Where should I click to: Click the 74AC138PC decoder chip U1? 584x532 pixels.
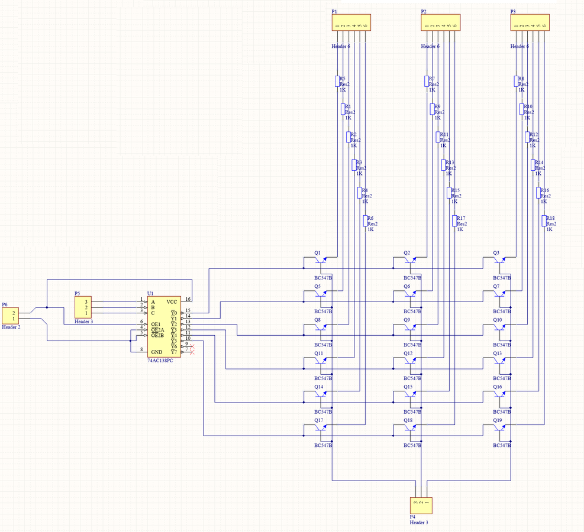tap(164, 326)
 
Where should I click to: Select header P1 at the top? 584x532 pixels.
tap(351, 24)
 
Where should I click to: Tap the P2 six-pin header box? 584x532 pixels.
tap(440, 24)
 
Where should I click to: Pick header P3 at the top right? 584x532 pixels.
tap(530, 24)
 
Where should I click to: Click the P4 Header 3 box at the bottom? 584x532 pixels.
tap(421, 505)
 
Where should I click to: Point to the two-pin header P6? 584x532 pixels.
tap(11, 316)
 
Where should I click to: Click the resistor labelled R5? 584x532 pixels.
tap(337, 81)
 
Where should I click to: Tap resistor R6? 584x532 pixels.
tap(365, 221)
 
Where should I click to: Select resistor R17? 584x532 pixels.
tap(454, 221)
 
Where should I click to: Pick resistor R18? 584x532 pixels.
tap(544, 221)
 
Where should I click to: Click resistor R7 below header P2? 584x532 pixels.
tap(427, 81)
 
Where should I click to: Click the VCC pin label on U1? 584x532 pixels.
tap(172, 301)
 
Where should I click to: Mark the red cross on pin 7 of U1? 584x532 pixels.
tap(192, 352)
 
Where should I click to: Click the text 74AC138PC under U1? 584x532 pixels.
tap(160, 360)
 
